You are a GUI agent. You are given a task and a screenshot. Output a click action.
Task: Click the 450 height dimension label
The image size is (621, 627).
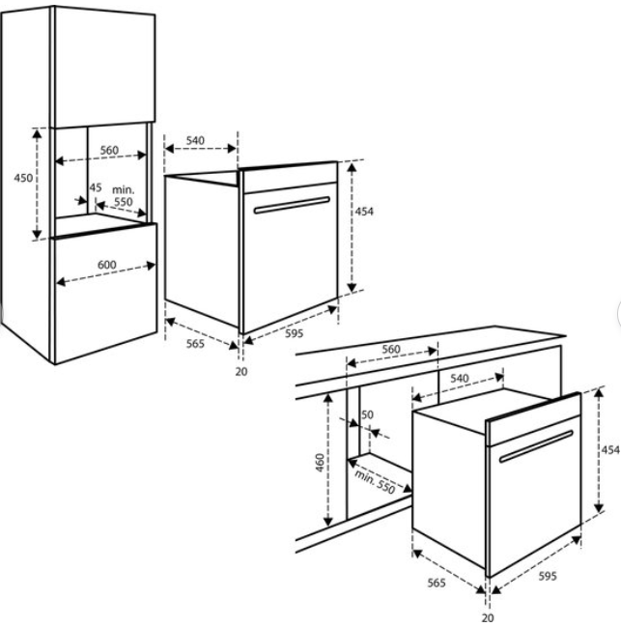click(x=23, y=178)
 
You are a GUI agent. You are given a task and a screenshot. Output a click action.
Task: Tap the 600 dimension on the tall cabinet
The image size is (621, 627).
click(x=106, y=265)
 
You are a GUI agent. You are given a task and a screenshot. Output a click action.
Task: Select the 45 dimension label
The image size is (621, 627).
click(x=95, y=187)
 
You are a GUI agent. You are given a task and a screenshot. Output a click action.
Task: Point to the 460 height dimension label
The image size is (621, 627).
click(x=320, y=462)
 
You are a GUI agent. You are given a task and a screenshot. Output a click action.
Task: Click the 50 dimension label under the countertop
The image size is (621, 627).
click(x=367, y=414)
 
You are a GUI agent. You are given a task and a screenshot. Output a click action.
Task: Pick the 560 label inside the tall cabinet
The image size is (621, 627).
click(x=109, y=150)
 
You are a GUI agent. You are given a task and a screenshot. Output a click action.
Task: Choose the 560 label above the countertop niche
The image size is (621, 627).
click(x=391, y=349)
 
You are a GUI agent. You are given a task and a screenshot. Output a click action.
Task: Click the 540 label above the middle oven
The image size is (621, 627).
click(x=195, y=140)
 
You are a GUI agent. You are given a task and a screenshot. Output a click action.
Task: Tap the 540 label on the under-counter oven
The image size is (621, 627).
click(x=460, y=378)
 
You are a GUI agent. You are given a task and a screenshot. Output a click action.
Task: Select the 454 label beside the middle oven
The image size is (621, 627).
click(x=364, y=212)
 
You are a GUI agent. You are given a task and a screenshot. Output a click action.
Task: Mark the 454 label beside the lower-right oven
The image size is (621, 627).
click(x=611, y=450)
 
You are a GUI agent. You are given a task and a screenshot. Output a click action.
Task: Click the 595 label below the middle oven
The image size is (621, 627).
click(x=295, y=333)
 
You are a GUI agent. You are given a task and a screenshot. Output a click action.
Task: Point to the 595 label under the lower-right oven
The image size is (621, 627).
click(x=548, y=576)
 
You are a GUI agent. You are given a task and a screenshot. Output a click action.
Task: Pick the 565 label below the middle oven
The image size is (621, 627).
click(x=195, y=344)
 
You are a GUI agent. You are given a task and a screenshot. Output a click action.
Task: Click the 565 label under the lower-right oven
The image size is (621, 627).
click(x=437, y=583)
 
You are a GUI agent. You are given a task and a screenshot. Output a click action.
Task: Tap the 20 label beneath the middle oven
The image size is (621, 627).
click(x=241, y=372)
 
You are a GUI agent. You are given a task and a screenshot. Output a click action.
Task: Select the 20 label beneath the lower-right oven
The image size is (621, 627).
click(x=488, y=617)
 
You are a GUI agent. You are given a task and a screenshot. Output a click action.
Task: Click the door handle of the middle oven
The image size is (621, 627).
click(x=292, y=205)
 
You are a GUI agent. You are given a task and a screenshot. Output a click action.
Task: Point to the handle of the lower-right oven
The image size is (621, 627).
click(x=536, y=446)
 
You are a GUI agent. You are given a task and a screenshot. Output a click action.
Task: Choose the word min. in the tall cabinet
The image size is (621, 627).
click(x=124, y=189)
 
